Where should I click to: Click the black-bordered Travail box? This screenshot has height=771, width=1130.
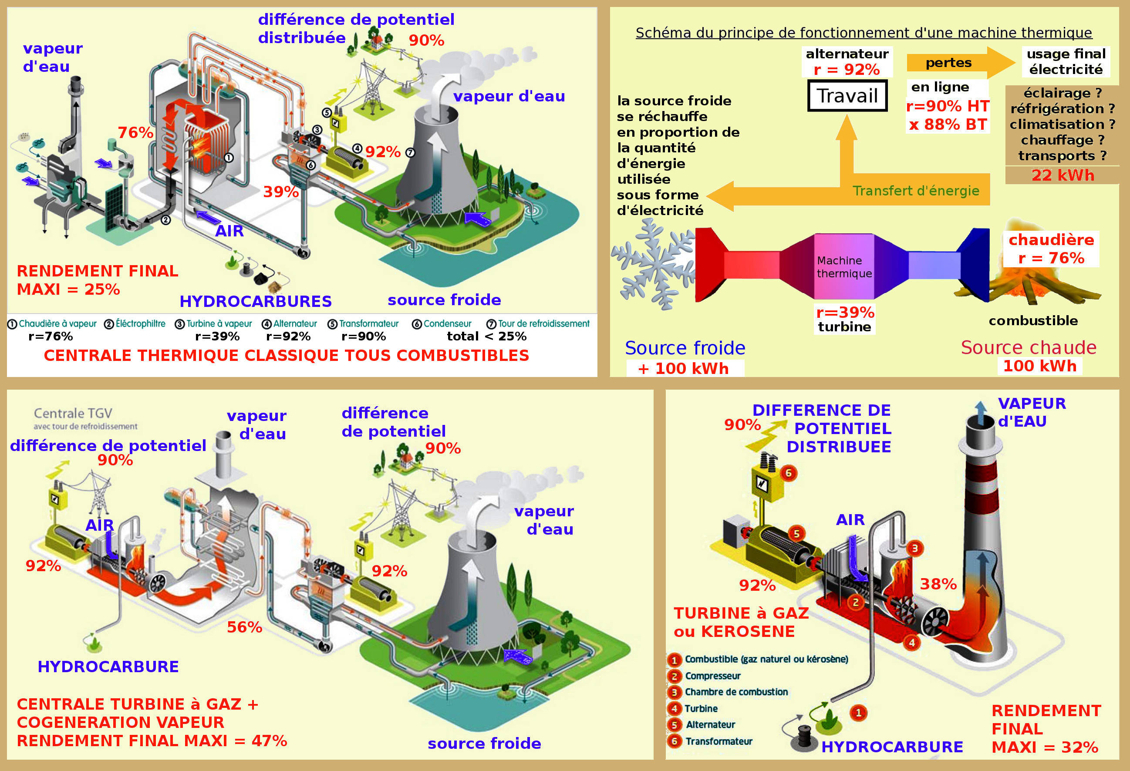pos(847,96)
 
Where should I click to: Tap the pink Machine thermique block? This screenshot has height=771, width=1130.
pos(843,266)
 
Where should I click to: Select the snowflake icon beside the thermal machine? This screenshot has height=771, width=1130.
pos(651,265)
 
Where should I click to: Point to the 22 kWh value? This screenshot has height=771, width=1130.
pos(1063,175)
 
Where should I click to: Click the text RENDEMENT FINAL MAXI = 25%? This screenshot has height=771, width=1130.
pos(97,280)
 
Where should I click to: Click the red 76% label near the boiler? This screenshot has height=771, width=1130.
pos(135,132)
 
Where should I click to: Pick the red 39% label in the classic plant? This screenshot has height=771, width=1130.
pos(280,192)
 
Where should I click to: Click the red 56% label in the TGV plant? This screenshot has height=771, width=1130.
pos(244,627)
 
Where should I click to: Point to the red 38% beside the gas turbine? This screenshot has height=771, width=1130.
pos(938,584)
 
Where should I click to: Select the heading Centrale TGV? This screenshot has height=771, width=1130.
pos(73,413)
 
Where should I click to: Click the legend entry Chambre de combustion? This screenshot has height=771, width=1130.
pos(735,692)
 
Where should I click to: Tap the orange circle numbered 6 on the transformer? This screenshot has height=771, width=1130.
pos(788,473)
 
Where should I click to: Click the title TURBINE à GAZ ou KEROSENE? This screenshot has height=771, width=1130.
pos(741,622)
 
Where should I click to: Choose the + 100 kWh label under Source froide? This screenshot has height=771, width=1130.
pos(685,368)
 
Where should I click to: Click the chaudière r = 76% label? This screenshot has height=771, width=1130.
pos(1051,249)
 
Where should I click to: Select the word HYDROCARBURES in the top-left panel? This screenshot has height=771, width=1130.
pos(255,301)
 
